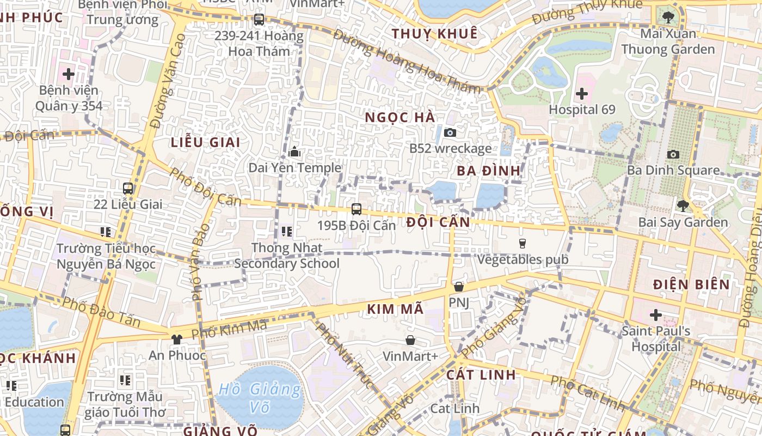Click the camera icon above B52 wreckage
pyautogui.click(x=450, y=132)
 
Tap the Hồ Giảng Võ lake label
pyautogui.click(x=260, y=398)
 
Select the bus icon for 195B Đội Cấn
pyautogui.click(x=357, y=209)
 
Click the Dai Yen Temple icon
pyautogui.click(x=295, y=152)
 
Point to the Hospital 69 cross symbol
pyautogui.click(x=582, y=93)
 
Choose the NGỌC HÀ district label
pyautogui.click(x=400, y=118)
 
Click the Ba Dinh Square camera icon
pyautogui.click(x=673, y=154)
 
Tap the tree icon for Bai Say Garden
pyautogui.click(x=683, y=206)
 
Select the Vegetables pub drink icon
pyautogui.click(x=523, y=243)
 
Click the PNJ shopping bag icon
pyautogui.click(x=459, y=286)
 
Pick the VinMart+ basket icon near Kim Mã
pyautogui.click(x=410, y=340)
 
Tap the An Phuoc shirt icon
pyautogui.click(x=177, y=339)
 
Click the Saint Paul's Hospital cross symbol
pyautogui.click(x=656, y=315)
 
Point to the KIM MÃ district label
pyautogui.click(x=395, y=309)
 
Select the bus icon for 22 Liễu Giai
pyautogui.click(x=128, y=189)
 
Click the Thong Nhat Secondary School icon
pyautogui.click(x=287, y=232)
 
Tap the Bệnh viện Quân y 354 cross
pyautogui.click(x=69, y=74)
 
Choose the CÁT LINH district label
pyautogui.click(x=481, y=375)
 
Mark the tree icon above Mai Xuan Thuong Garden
pyautogui.click(x=668, y=17)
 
